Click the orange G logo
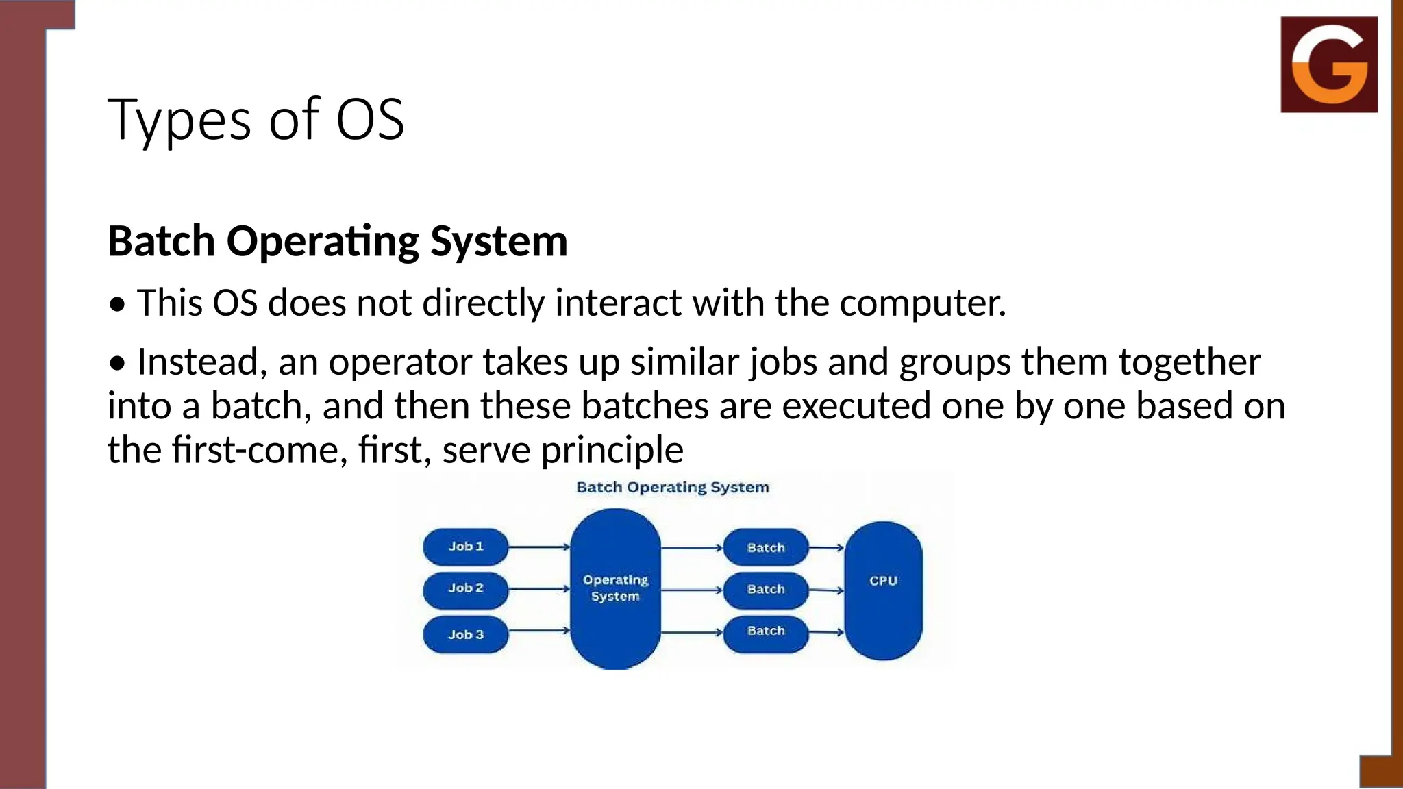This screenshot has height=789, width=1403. coord(1328,64)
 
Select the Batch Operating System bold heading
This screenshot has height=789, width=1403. coord(337,241)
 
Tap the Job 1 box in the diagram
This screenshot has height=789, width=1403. coord(465,547)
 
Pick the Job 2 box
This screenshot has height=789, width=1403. coord(465,588)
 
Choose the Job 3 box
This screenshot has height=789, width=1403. coord(465,634)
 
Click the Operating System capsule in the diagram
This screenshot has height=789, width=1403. coord(615,588)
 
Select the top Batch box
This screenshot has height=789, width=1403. coord(766,547)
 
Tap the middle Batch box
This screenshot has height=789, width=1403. coord(766,589)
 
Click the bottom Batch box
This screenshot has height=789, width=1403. coord(766,631)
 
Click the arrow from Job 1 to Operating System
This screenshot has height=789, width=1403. coord(539,547)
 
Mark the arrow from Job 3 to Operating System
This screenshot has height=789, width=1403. coord(539,630)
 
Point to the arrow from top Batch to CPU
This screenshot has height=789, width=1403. coord(827,547)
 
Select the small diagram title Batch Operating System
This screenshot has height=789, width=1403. coord(672,487)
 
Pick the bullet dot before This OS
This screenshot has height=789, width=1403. coord(118,305)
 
